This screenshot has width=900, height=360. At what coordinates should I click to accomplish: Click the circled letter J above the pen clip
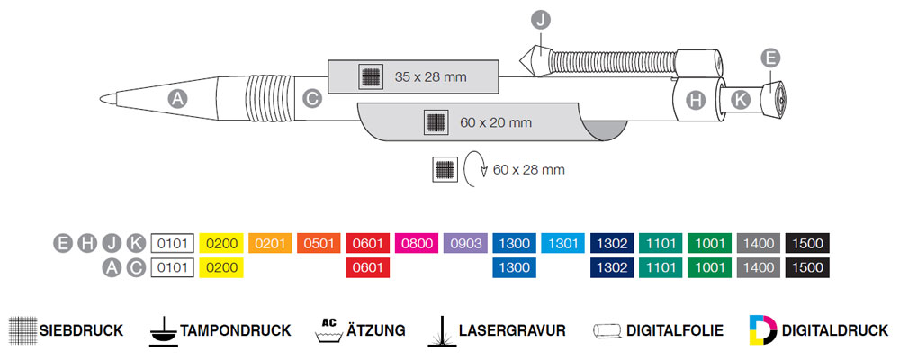[541, 18]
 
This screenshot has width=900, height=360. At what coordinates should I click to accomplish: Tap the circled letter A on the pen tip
[178, 100]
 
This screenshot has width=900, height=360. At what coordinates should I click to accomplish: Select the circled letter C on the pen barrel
[312, 100]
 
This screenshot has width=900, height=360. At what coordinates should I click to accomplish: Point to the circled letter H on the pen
[696, 100]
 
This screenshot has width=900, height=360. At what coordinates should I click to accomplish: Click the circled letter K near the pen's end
[739, 100]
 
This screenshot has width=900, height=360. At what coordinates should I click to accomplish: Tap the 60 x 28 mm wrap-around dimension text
[529, 168]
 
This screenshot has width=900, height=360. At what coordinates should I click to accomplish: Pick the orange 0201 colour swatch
[271, 243]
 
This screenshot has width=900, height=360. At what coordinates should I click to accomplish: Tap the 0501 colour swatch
[319, 243]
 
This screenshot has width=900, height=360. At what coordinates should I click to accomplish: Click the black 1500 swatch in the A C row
[808, 267]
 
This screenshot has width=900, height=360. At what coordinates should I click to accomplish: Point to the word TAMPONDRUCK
[236, 330]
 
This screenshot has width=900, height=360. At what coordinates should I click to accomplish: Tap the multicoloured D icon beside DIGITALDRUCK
[761, 329]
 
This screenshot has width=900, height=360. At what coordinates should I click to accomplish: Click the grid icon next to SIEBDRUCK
[22, 329]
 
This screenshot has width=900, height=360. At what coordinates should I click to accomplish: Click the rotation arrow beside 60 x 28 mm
[474, 167]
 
